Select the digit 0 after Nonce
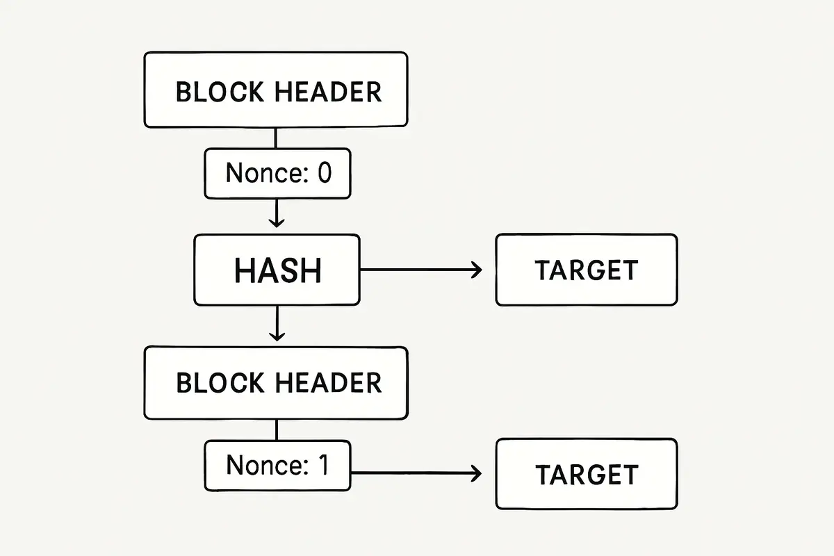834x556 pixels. pyautogui.click(x=324, y=172)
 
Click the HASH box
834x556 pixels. pyautogui.click(x=277, y=270)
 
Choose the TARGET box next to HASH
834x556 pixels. pyautogui.click(x=586, y=270)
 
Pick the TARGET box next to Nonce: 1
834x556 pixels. pyautogui.click(x=586, y=474)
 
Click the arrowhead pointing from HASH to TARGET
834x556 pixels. pyautogui.click(x=475, y=270)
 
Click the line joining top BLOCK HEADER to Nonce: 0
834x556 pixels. pyautogui.click(x=276, y=138)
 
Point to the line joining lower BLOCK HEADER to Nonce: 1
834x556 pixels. pyautogui.click(x=276, y=430)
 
